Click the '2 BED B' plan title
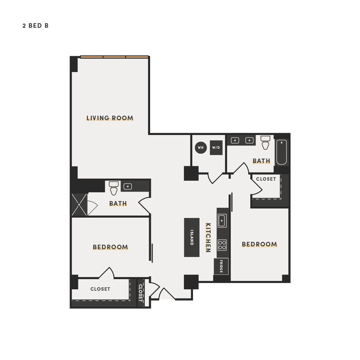pos(36,26)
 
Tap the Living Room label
pos(110,118)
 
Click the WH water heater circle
pos(201,147)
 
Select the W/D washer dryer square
pos(216,148)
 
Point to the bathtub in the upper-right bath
pos(282,152)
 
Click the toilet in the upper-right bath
pos(265,142)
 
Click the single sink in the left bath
pos(128,187)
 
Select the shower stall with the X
pos(79,205)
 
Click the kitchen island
pos(192,237)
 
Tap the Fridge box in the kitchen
pos(221,266)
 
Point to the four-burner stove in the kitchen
pos(222,245)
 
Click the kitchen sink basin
pos(222,221)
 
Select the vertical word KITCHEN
pos(208,237)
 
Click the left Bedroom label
pos(110,247)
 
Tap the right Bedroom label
pos(259,244)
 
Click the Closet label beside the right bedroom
pos(266,179)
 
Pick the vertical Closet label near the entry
pos(140,293)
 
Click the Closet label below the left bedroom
pos(100,289)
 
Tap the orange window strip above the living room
pos(114,57)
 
